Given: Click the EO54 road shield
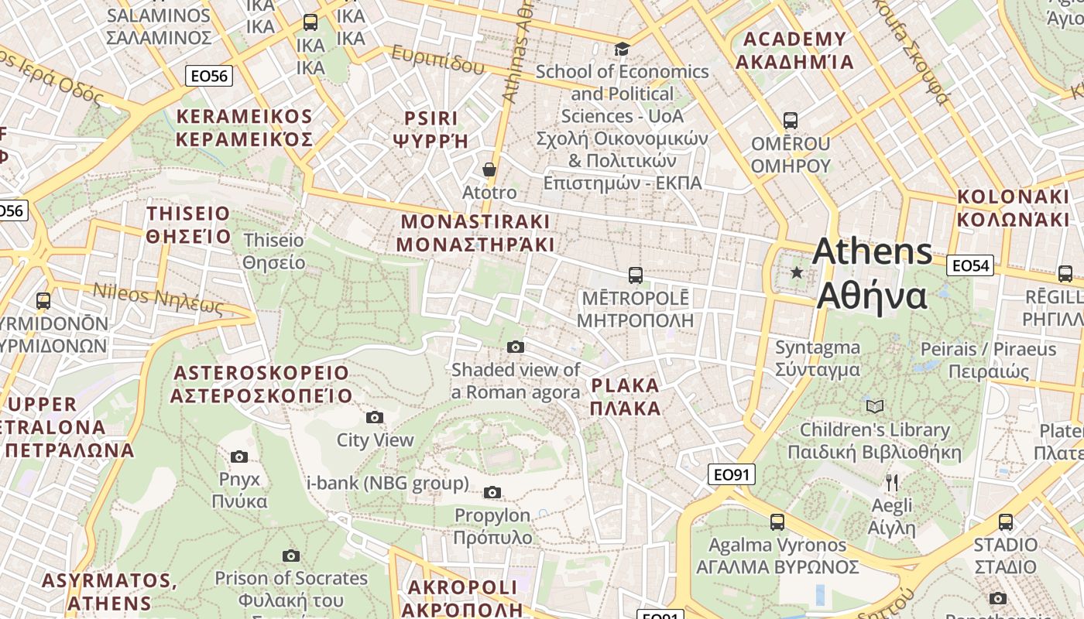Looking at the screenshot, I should click(x=970, y=265).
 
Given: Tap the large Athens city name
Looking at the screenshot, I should click(x=873, y=272).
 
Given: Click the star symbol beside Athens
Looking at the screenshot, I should click(x=797, y=272).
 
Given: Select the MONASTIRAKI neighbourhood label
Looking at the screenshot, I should click(x=475, y=233).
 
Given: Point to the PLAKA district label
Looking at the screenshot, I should click(x=626, y=397).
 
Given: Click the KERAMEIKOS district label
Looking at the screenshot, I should click(x=244, y=128).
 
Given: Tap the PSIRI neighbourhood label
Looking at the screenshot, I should click(x=431, y=129).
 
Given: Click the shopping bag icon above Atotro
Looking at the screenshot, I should click(x=489, y=169).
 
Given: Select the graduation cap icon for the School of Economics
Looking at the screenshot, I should click(x=622, y=50).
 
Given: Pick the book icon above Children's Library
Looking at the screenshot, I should click(x=874, y=406).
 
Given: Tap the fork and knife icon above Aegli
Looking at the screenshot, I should click(x=892, y=483).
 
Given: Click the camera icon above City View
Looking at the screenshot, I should click(x=375, y=418).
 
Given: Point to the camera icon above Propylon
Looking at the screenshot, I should click(x=492, y=492).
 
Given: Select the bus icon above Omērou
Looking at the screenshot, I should click(x=790, y=121).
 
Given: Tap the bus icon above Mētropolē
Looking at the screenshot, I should click(x=635, y=275).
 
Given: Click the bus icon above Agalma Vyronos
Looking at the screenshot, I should click(x=777, y=522).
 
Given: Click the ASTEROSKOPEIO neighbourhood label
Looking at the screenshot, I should click(x=261, y=384).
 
